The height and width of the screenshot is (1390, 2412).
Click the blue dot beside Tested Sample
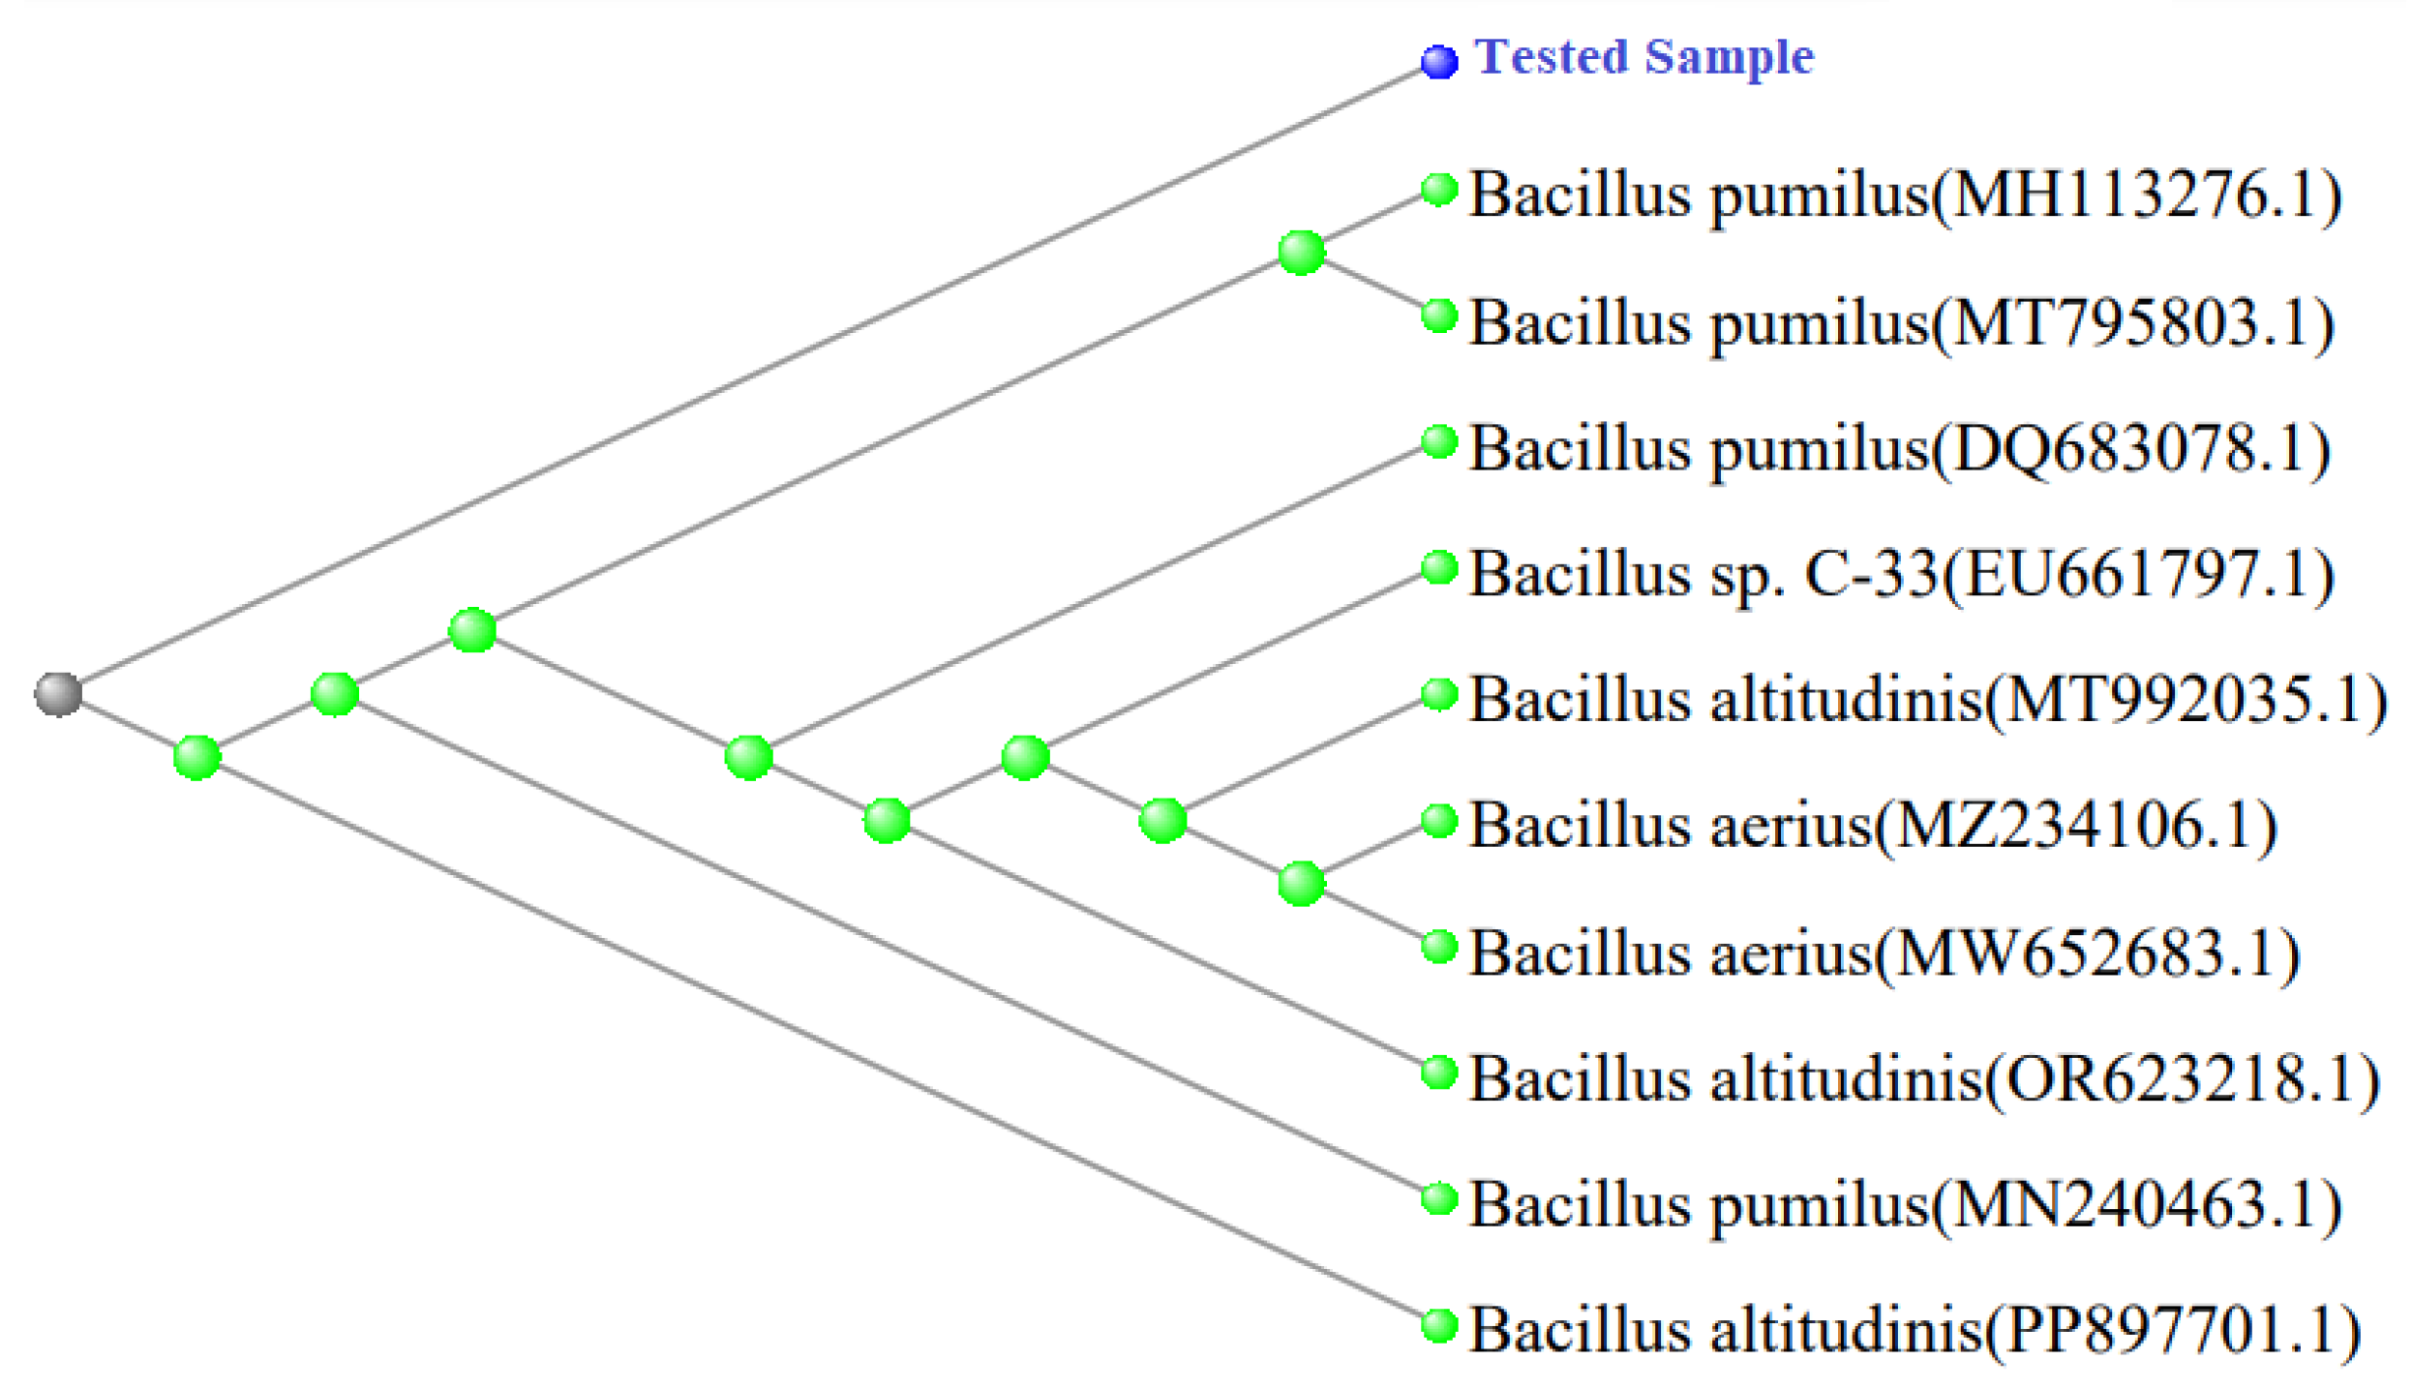tap(1438, 61)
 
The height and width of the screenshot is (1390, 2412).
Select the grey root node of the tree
tap(58, 693)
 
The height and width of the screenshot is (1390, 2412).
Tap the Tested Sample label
tap(1643, 57)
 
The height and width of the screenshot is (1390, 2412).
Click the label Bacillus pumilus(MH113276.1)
tap(1905, 196)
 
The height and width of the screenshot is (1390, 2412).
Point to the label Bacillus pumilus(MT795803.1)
tap(1901, 322)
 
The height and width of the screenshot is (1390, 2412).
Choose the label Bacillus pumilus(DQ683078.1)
tap(1899, 449)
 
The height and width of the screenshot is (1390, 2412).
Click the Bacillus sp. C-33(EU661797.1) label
tap(1901, 575)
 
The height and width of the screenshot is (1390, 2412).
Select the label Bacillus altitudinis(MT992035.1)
tap(1927, 700)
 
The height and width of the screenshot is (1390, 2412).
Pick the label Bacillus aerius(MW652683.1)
tap(1884, 953)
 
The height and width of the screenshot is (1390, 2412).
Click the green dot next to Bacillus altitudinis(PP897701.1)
tap(1439, 1325)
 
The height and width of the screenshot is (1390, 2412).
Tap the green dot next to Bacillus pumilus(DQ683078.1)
tap(1439, 441)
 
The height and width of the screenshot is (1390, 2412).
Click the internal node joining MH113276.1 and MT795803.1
tap(1301, 253)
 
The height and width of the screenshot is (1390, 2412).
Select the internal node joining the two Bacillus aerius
tap(1301, 883)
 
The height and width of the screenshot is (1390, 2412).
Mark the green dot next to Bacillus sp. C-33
tap(1439, 567)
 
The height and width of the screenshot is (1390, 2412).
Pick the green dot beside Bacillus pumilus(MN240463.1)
tap(1439, 1198)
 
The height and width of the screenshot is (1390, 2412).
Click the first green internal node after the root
tap(196, 757)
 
